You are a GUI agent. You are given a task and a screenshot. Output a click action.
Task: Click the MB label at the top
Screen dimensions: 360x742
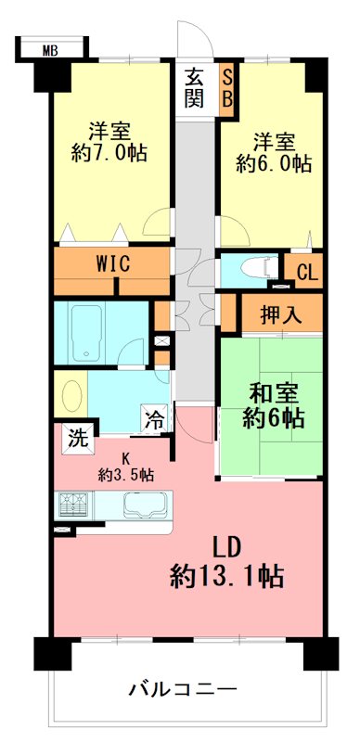click(x=50, y=51)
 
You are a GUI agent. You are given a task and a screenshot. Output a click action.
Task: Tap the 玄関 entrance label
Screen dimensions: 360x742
click(x=195, y=87)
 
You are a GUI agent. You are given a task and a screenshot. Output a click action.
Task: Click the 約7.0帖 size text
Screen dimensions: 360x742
click(x=109, y=153)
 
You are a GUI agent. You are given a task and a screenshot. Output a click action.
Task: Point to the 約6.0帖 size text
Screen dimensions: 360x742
click(x=274, y=164)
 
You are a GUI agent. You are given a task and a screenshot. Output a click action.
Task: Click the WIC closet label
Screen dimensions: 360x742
click(x=113, y=263)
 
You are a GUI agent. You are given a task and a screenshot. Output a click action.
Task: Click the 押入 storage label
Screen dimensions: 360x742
click(x=281, y=314)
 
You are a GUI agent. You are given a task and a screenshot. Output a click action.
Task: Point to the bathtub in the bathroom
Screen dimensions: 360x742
click(x=87, y=332)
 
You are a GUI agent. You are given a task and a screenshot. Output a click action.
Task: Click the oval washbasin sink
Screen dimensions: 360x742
click(x=71, y=394)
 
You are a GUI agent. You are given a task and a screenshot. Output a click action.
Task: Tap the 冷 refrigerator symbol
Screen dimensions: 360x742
click(x=154, y=418)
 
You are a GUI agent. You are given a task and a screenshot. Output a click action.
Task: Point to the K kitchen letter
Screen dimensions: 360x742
click(x=125, y=457)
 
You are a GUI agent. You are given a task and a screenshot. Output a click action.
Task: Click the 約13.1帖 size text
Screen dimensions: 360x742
click(x=227, y=577)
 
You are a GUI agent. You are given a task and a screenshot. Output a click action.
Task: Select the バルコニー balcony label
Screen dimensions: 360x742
click(x=183, y=689)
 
